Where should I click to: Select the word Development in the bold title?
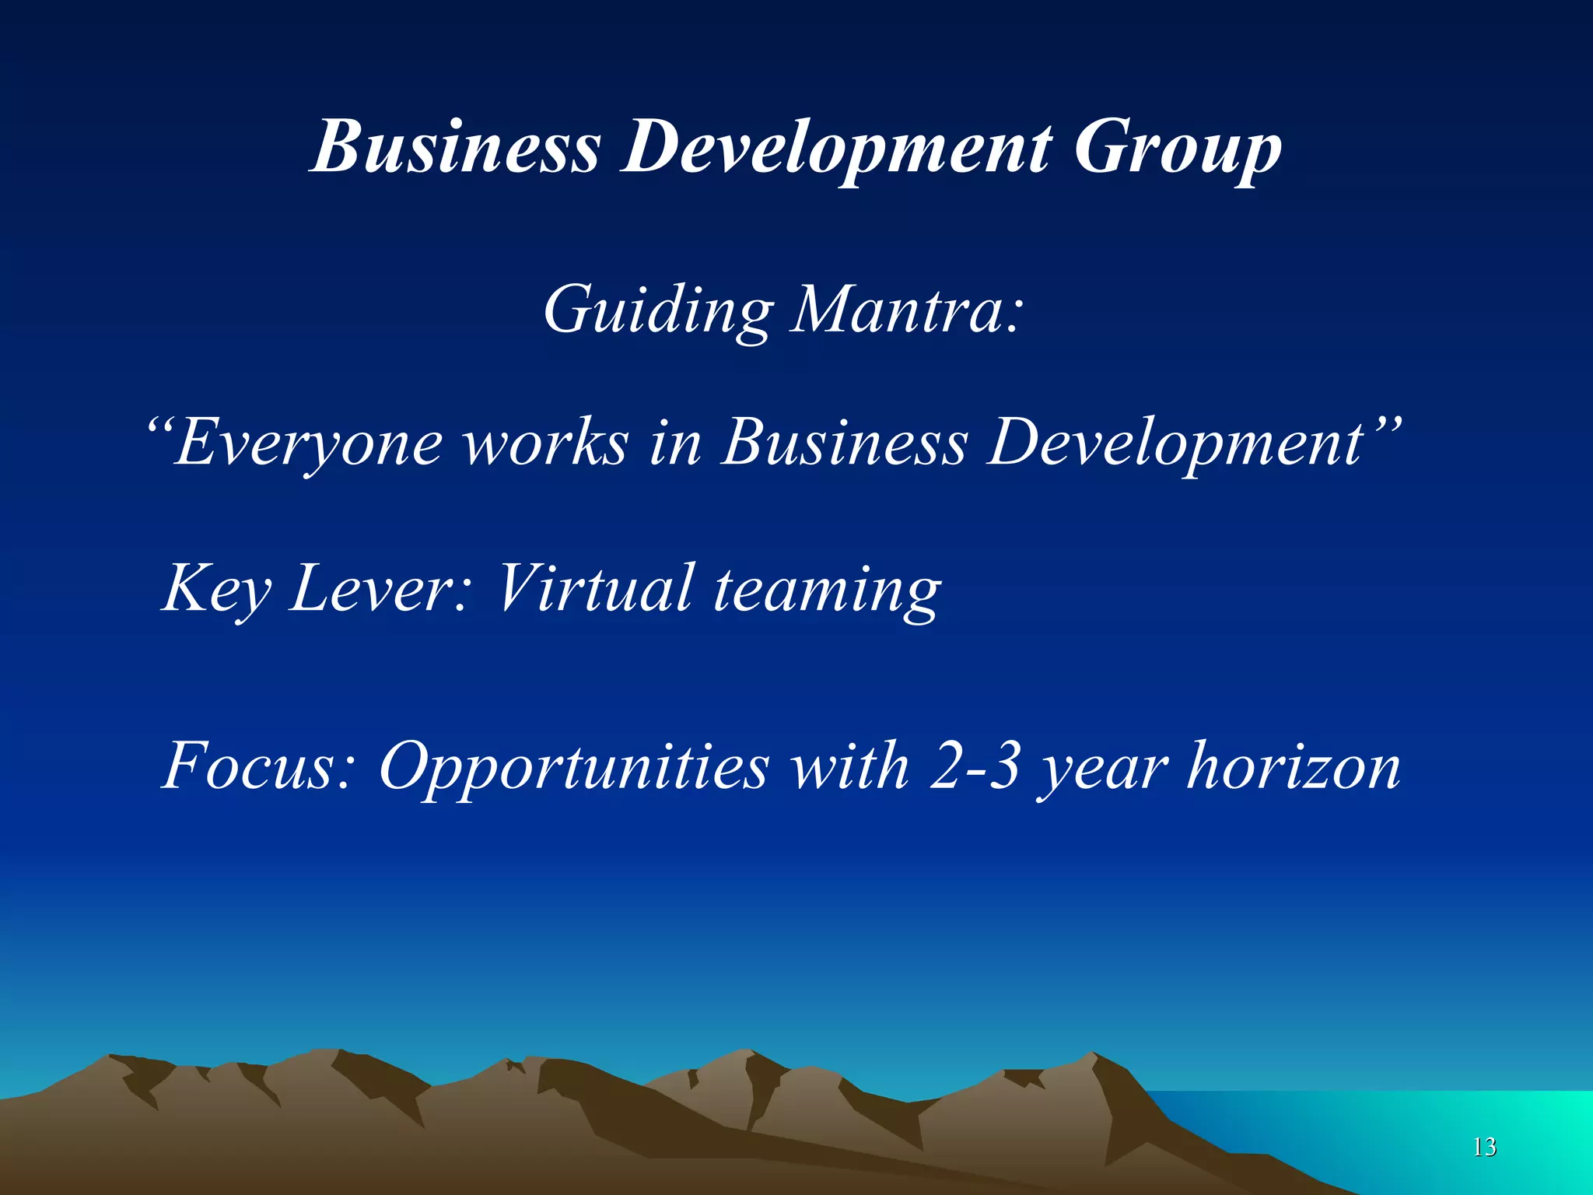tap(836, 149)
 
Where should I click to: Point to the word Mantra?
tap(905, 310)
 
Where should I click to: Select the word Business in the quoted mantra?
tap(845, 442)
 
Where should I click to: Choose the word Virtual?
tap(595, 588)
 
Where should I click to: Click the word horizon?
tap(1294, 766)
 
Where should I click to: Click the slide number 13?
tap(1484, 1147)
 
